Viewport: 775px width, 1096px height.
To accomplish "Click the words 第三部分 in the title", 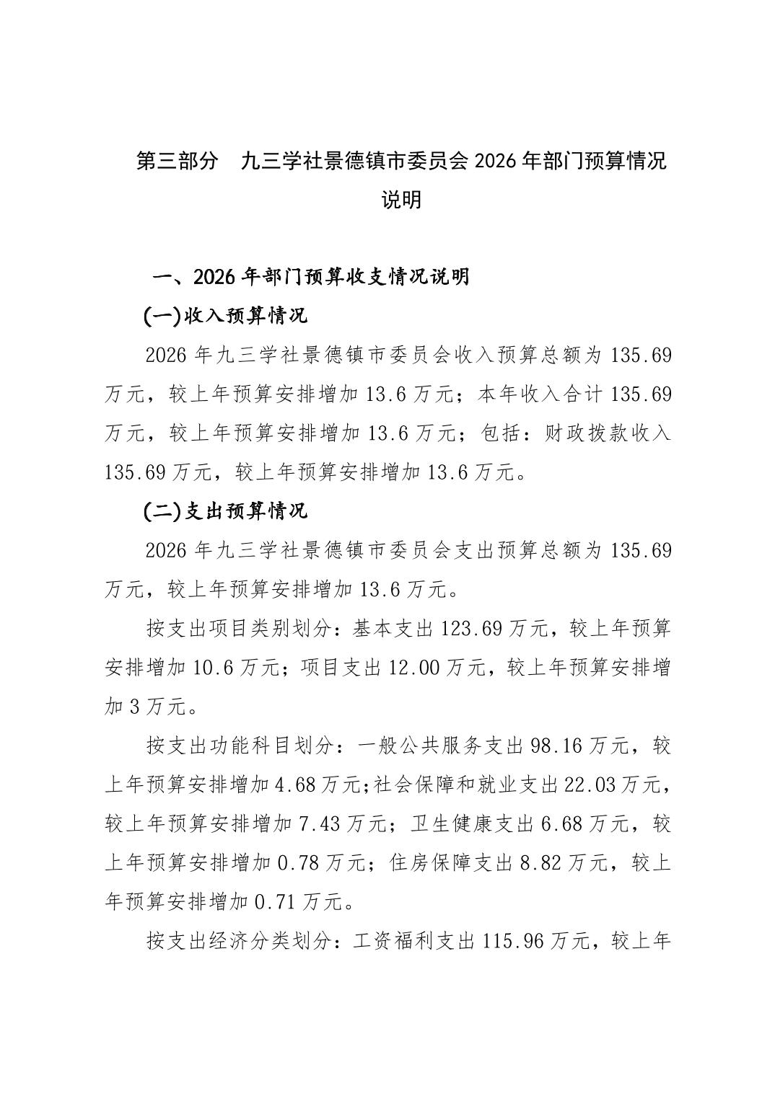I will [x=177, y=161].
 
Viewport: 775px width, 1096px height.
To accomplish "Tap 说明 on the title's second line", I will [x=401, y=200].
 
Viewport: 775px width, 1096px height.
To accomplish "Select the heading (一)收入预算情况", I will [x=226, y=316].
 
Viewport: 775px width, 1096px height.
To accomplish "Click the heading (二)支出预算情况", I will [x=226, y=511].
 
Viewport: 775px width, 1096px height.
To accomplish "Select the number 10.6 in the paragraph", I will [x=212, y=668].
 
